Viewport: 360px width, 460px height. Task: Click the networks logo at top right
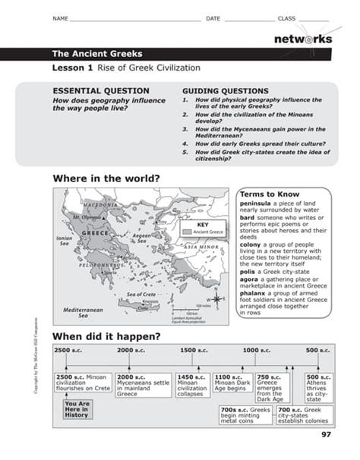click(x=302, y=39)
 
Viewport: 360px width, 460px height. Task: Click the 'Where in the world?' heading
click(x=106, y=178)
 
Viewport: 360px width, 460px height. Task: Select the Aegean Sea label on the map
click(x=142, y=238)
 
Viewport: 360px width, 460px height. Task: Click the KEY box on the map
click(x=202, y=228)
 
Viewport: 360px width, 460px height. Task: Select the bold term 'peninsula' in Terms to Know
click(x=258, y=203)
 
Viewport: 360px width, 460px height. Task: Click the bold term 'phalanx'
click(x=257, y=291)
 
